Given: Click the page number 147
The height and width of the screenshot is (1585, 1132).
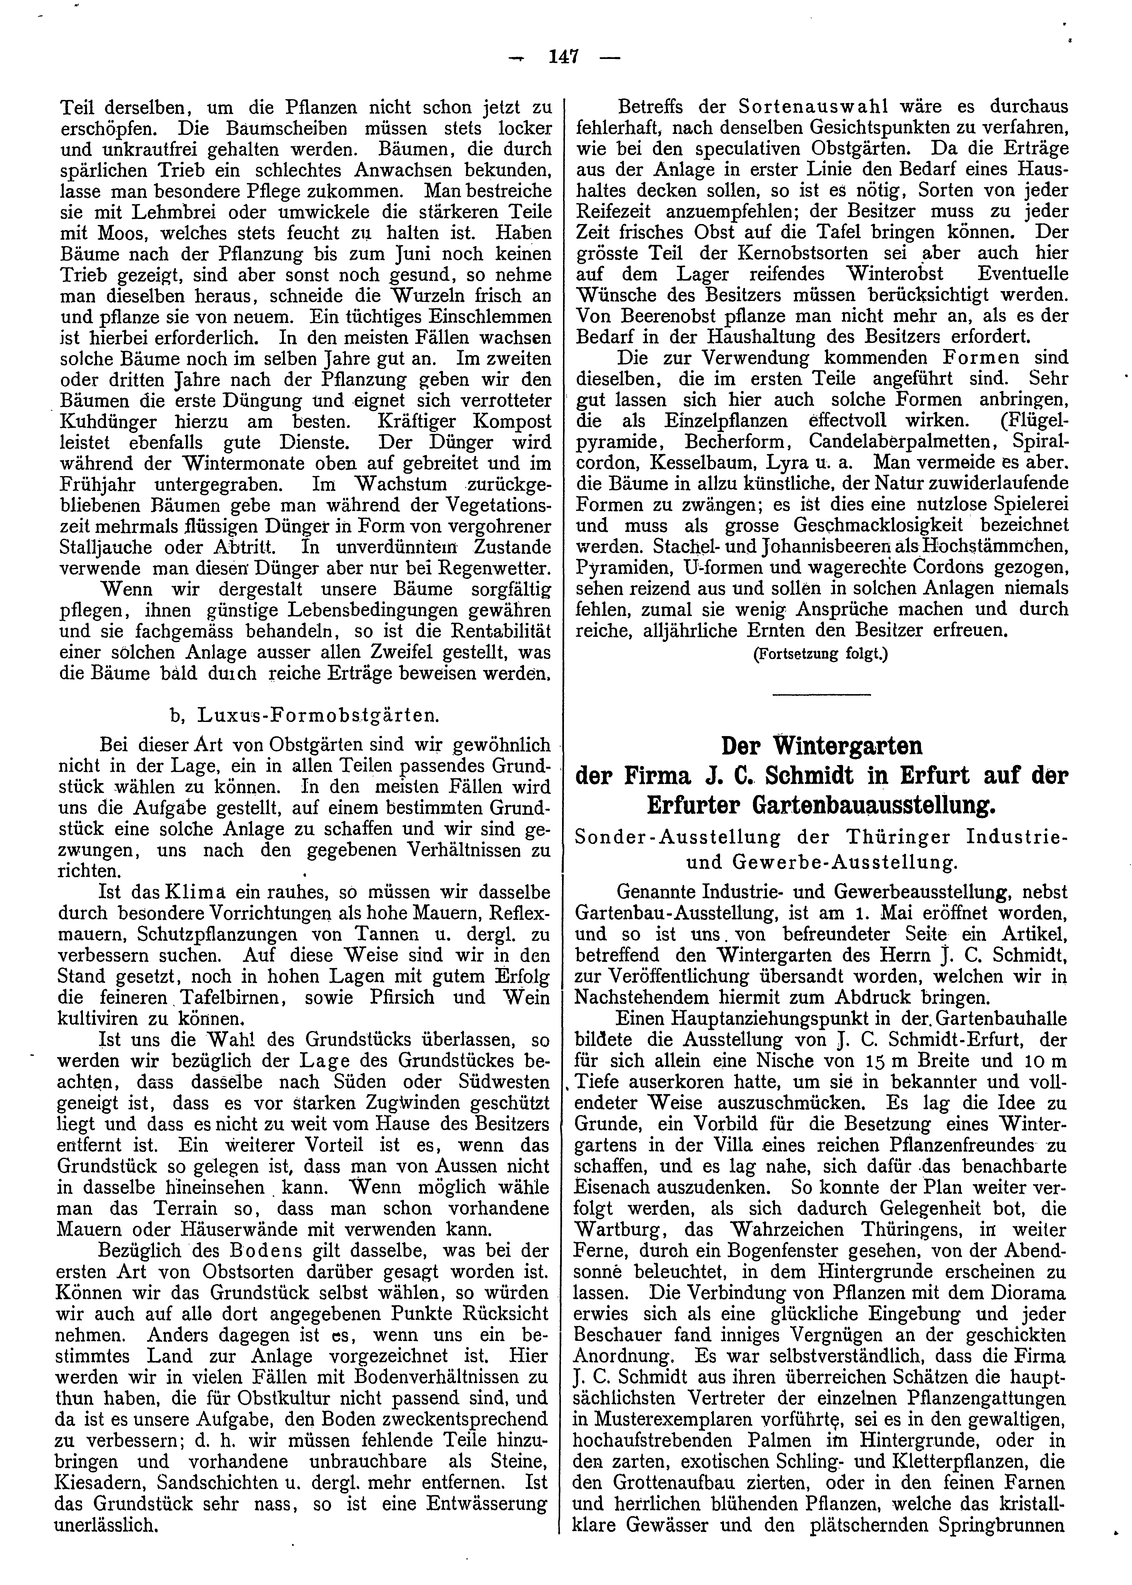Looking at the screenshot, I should (565, 57).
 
